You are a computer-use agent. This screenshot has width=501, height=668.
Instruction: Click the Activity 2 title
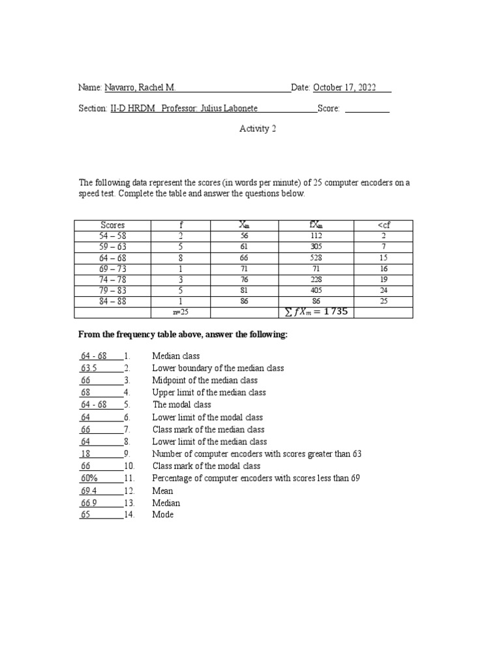click(x=258, y=129)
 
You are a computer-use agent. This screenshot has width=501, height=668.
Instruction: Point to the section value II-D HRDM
click(x=132, y=110)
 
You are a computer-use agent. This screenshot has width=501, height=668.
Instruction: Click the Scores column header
click(x=113, y=225)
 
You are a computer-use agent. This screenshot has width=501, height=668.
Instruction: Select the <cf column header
click(x=384, y=225)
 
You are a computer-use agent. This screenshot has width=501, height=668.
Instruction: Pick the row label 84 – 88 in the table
click(x=113, y=302)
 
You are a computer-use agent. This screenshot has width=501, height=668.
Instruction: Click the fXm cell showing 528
click(x=316, y=258)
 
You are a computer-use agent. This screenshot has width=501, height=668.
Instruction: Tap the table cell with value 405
click(x=316, y=291)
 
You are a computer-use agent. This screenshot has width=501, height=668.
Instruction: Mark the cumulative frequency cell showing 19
click(x=384, y=280)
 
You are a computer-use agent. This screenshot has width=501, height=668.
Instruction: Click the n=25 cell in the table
click(x=181, y=312)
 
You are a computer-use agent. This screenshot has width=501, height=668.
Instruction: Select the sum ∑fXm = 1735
click(x=316, y=312)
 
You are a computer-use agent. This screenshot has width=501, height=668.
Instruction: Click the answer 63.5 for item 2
click(x=89, y=369)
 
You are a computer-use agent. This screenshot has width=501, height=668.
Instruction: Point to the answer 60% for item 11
click(x=89, y=478)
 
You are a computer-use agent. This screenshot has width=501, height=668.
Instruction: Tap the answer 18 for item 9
click(x=85, y=454)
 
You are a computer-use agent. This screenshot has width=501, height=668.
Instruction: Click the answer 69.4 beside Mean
click(x=89, y=491)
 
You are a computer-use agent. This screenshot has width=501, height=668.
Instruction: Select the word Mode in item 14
click(x=162, y=515)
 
